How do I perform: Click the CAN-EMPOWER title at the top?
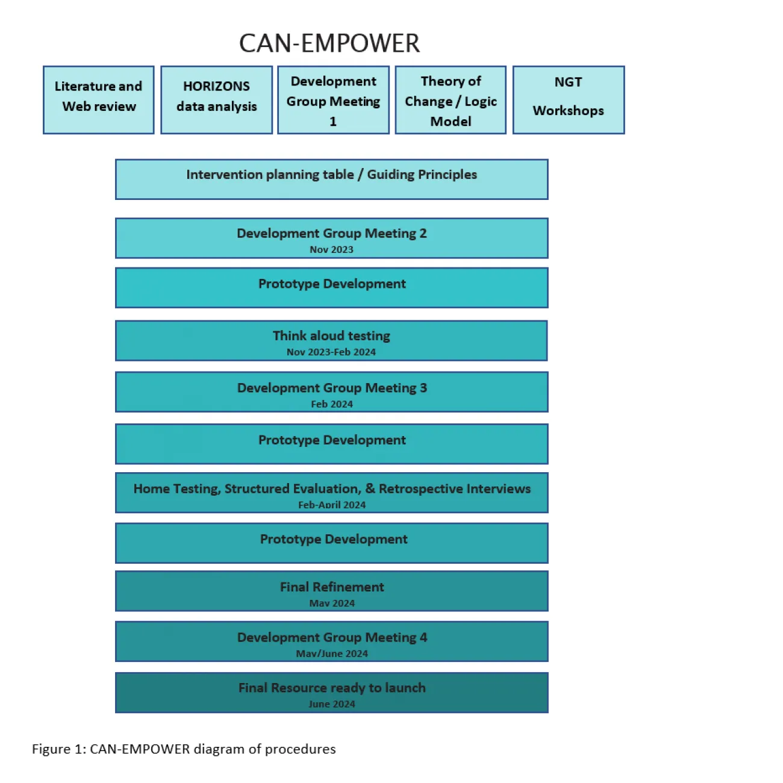[329, 43]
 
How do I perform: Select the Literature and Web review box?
[99, 100]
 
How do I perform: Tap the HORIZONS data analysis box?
[216, 100]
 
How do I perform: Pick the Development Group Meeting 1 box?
[333, 100]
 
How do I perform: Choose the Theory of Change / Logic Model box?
[451, 100]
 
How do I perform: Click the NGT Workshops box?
[568, 100]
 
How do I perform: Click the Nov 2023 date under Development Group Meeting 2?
[331, 249]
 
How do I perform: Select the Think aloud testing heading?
[331, 335]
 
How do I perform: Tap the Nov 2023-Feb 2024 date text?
[331, 352]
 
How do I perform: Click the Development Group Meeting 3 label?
[332, 388]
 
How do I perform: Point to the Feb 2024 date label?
[332, 404]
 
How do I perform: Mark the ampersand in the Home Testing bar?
[370, 488]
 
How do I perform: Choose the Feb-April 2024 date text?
[332, 505]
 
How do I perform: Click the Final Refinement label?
[332, 587]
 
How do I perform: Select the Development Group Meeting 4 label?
[332, 637]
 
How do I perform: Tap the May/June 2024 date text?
[332, 654]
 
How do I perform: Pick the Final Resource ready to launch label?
[332, 688]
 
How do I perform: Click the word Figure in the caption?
[51, 749]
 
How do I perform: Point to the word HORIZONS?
[216, 86]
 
